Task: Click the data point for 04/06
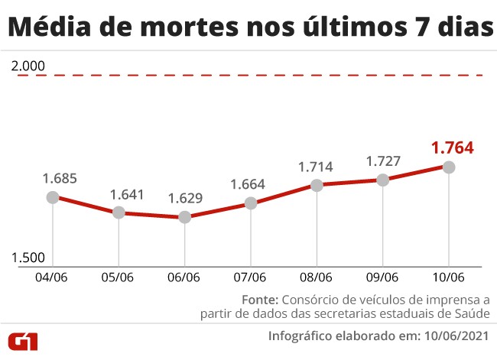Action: [53, 197]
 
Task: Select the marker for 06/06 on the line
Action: [184, 217]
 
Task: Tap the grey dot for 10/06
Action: [449, 167]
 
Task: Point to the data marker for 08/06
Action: [317, 185]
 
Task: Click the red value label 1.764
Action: [452, 147]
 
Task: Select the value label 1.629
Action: [185, 199]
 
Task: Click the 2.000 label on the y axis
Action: [29, 66]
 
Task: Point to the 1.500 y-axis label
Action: [29, 258]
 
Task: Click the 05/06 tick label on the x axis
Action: [119, 277]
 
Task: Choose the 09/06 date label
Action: [382, 277]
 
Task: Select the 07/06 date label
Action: [250, 277]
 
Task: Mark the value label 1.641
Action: [127, 194]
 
